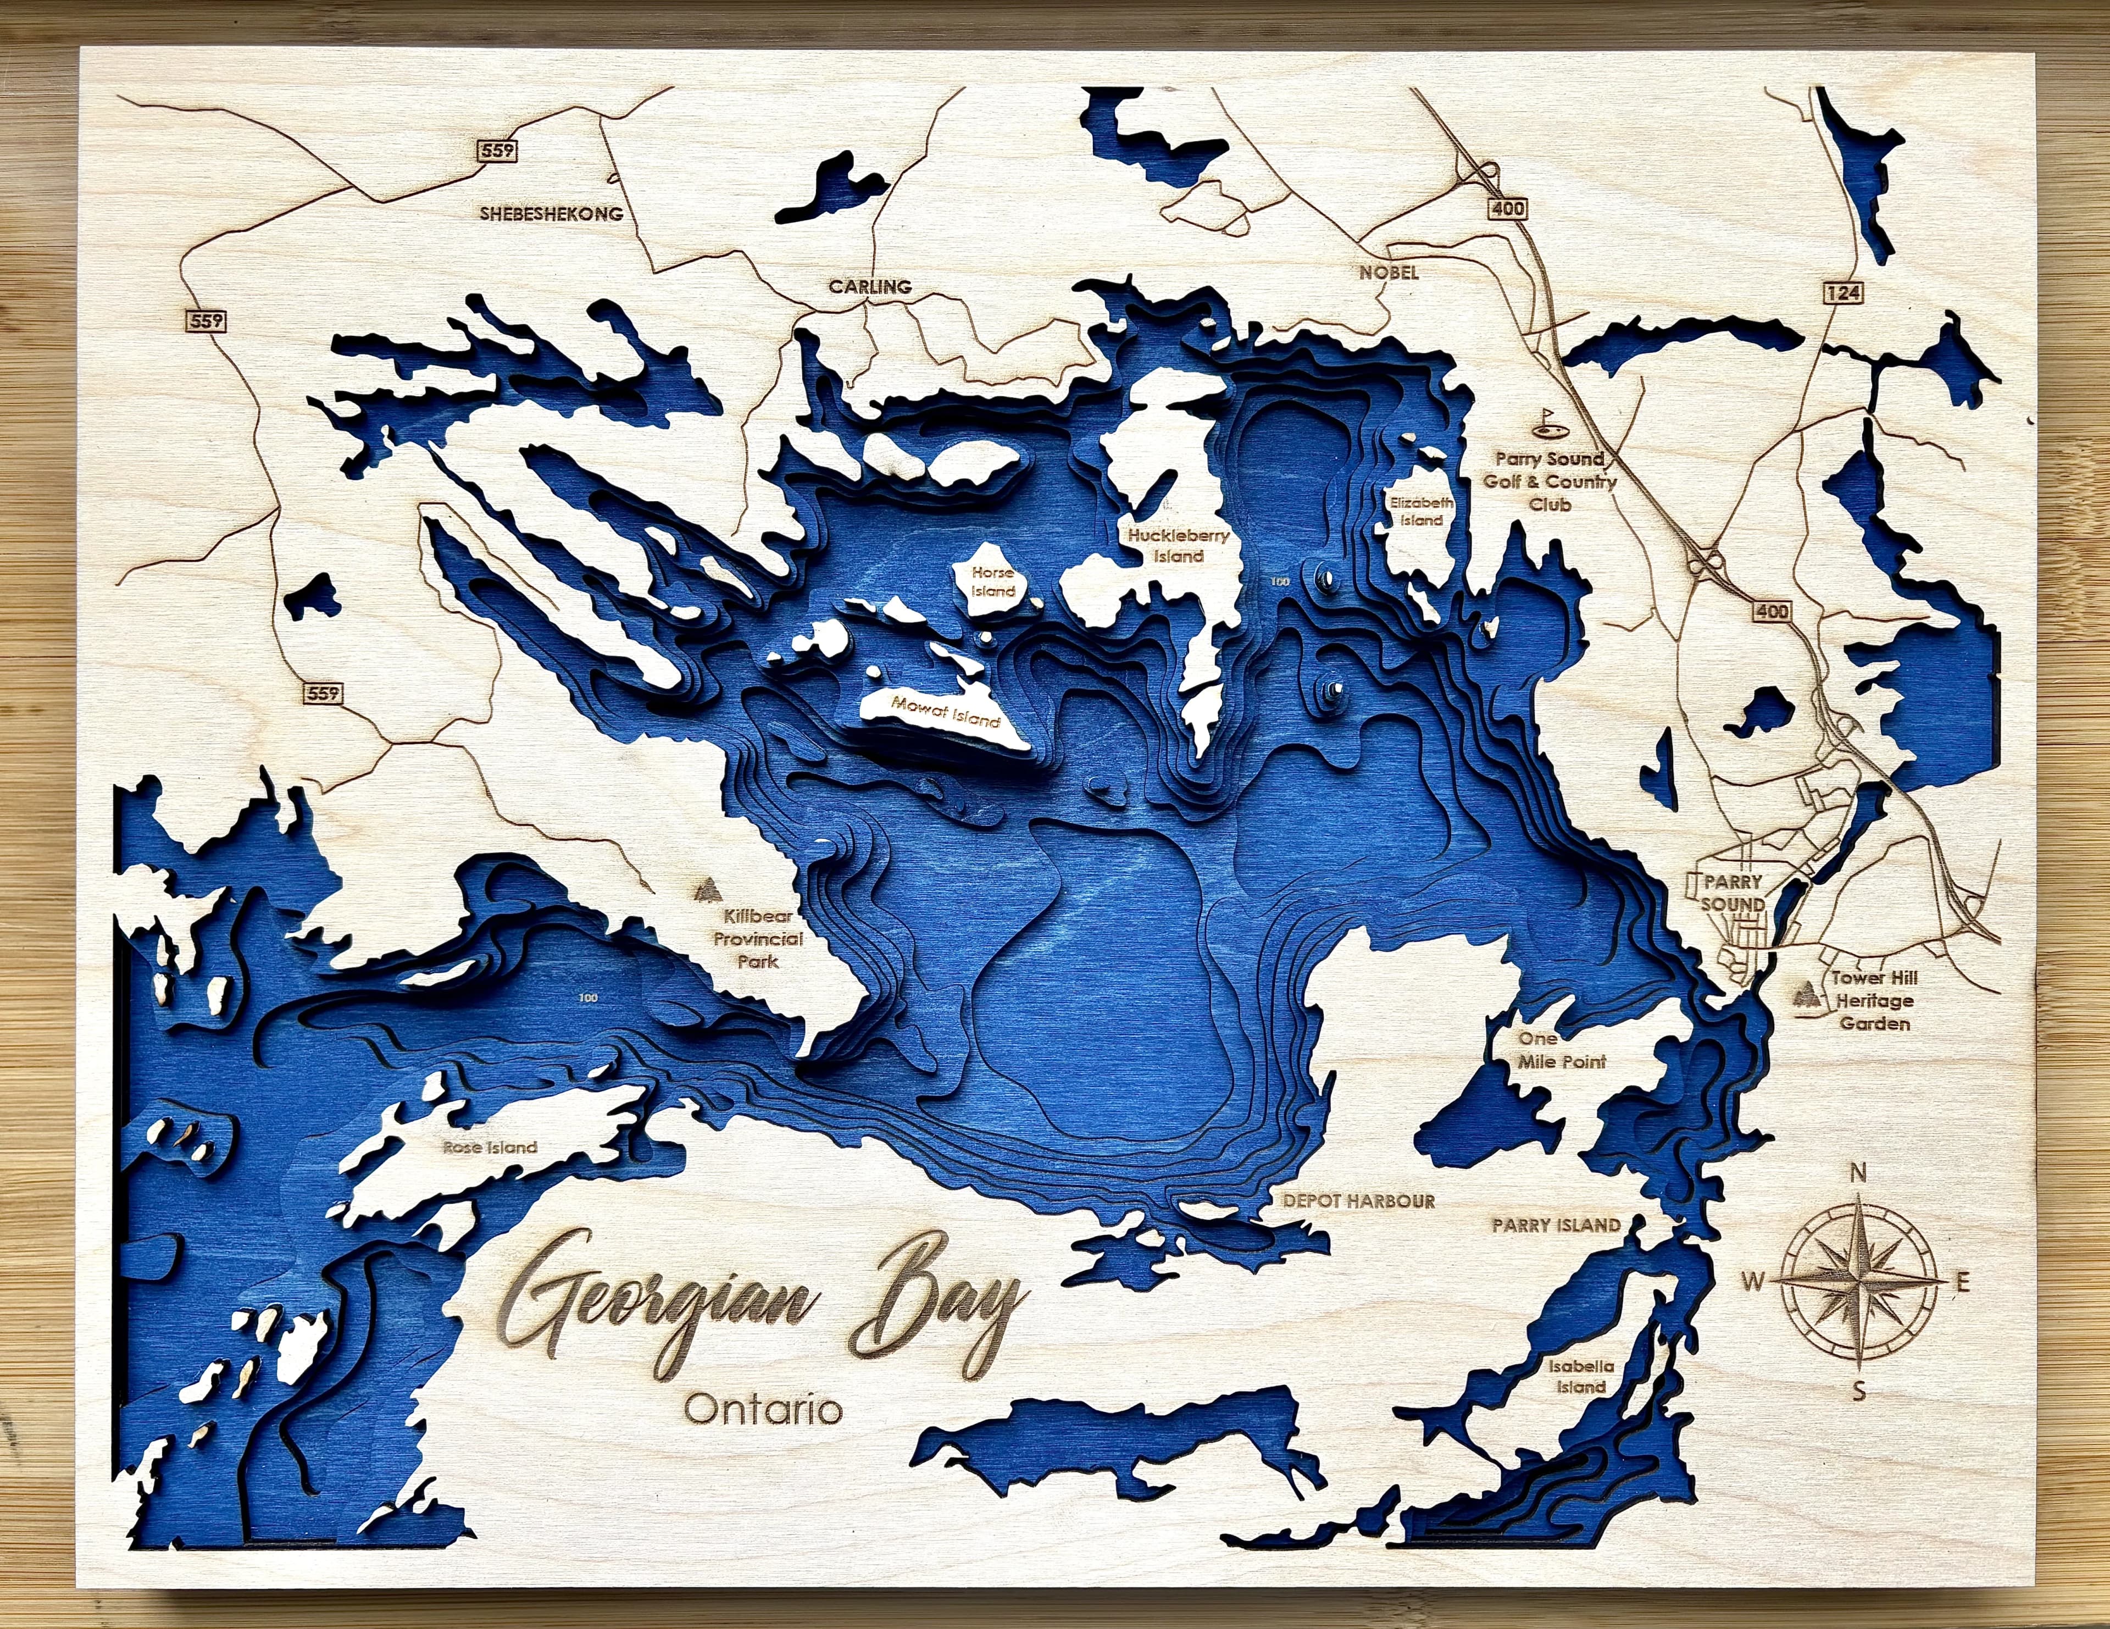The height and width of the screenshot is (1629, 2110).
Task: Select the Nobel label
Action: click(1389, 273)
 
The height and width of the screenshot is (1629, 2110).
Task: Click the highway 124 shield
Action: click(1844, 292)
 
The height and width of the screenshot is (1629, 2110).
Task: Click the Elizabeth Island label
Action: click(1421, 511)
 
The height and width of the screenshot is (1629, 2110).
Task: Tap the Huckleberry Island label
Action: click(1174, 545)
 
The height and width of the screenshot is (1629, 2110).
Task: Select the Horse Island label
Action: click(993, 581)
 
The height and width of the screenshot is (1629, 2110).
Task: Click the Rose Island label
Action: click(490, 1148)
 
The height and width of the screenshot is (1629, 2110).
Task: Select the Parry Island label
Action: click(1556, 1225)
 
